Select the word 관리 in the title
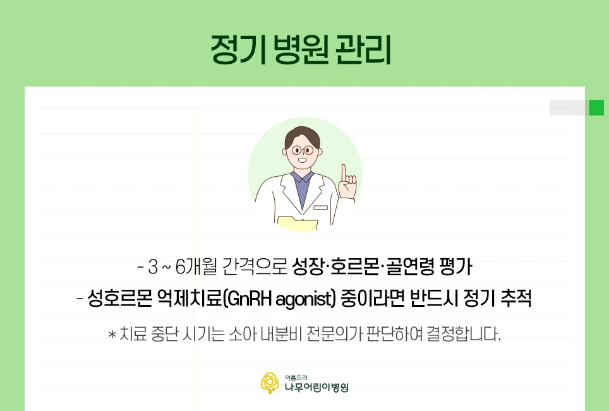point(366,49)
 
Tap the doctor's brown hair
point(301,135)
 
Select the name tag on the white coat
point(320,207)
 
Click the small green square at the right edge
point(596,108)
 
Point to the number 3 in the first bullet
point(152,268)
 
